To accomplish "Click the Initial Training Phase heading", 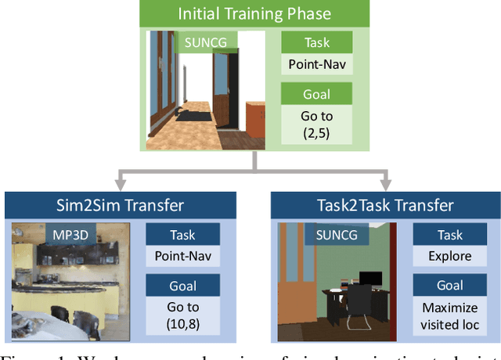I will click(254, 13).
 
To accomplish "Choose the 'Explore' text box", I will click(450, 256).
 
